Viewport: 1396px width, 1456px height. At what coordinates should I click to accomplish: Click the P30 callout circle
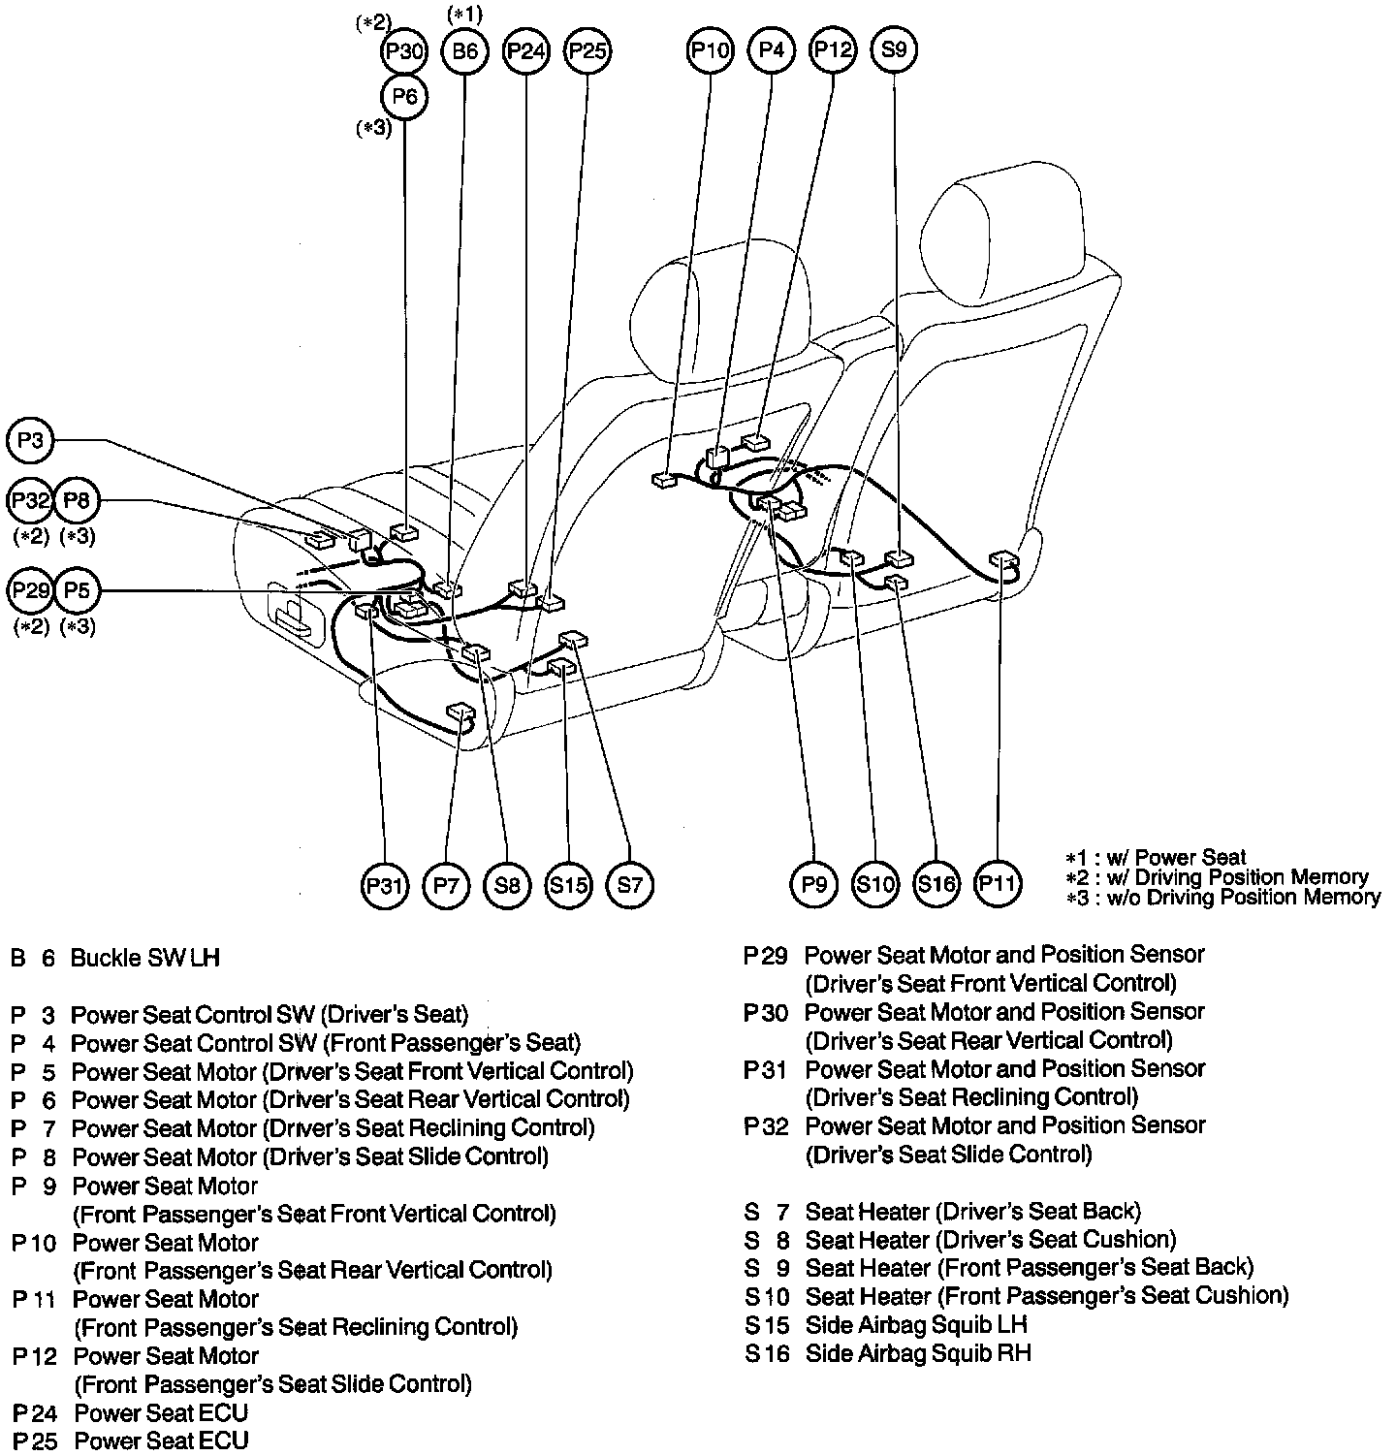(403, 51)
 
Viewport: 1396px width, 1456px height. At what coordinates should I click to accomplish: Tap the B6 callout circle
(465, 51)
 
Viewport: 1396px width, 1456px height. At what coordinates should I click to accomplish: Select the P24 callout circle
(526, 51)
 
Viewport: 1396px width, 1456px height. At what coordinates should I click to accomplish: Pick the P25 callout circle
(587, 51)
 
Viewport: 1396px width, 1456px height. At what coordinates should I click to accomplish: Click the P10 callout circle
(711, 50)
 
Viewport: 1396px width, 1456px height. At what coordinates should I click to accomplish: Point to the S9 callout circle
(894, 49)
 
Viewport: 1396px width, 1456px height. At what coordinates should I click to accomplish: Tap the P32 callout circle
(31, 501)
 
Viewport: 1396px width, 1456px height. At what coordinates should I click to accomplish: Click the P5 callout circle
(78, 590)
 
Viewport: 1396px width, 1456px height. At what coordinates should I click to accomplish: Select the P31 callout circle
(385, 885)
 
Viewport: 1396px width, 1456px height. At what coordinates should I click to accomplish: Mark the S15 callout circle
(568, 885)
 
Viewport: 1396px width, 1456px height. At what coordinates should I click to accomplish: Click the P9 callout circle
(814, 884)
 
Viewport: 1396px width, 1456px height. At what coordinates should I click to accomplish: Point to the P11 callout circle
(998, 884)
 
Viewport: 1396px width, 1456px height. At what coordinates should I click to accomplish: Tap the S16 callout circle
(936, 884)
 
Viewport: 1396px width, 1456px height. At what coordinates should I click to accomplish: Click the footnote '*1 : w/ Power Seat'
(1156, 858)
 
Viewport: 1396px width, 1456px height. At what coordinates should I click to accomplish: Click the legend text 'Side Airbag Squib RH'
(917, 1353)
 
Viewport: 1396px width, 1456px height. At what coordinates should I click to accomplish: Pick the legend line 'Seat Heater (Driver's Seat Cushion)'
(990, 1240)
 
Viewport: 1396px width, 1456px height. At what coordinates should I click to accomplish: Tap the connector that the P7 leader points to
(459, 713)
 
